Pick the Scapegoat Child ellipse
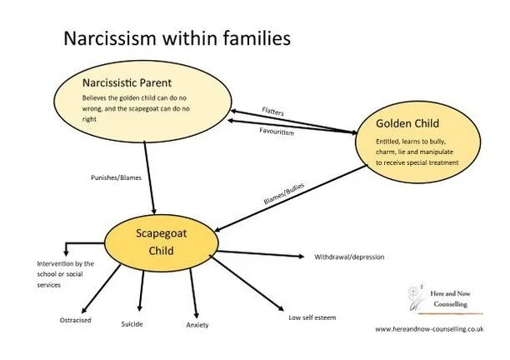point(162,241)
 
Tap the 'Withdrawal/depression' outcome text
point(349,257)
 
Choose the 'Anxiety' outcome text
point(197,324)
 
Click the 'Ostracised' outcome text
point(76,319)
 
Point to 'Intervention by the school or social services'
point(42,272)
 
